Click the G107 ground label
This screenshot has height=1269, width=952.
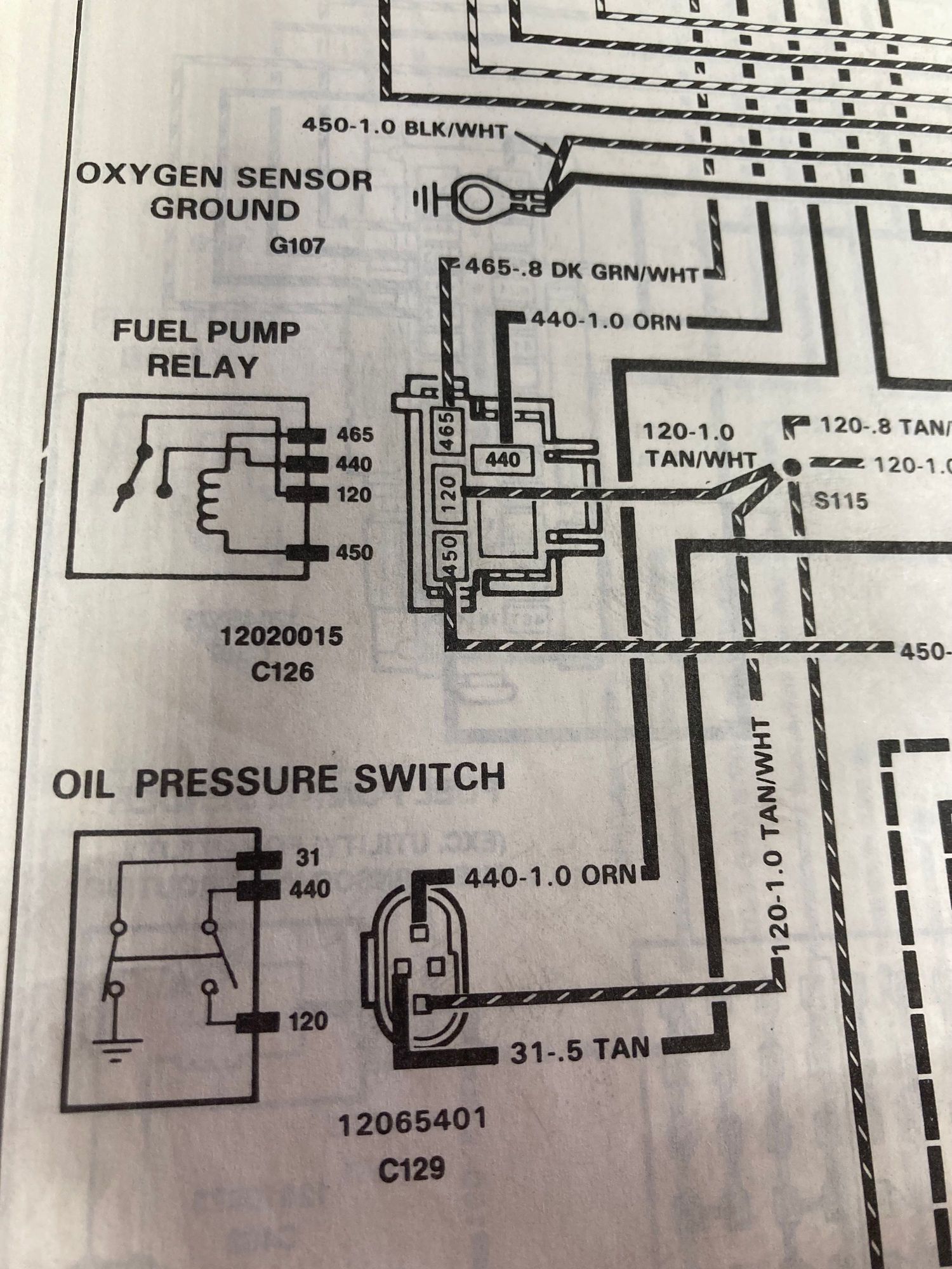pos(296,245)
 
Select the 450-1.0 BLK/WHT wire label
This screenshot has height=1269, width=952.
pos(405,128)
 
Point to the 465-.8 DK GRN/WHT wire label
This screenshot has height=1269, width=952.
pos(581,271)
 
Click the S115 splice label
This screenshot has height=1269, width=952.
pos(841,501)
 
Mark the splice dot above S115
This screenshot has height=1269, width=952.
pos(790,466)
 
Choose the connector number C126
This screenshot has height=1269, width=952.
pos(282,671)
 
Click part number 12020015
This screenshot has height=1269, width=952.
pos(281,636)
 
